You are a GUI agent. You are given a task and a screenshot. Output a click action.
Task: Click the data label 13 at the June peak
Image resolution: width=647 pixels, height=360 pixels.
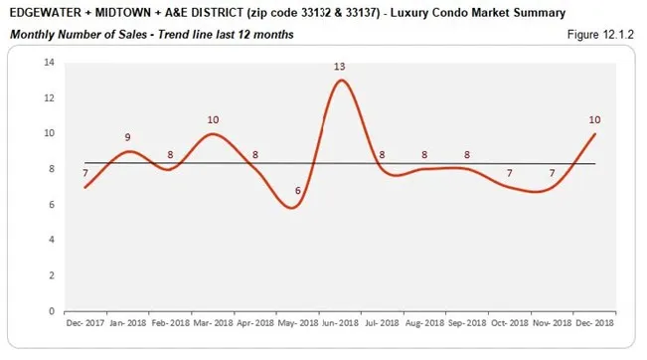340,67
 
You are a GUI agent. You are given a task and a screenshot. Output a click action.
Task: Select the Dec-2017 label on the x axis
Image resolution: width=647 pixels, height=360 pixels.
86,323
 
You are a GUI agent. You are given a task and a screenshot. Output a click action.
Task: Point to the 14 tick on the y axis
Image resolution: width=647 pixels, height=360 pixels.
48,63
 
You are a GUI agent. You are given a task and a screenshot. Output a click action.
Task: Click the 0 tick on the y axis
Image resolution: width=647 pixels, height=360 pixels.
51,311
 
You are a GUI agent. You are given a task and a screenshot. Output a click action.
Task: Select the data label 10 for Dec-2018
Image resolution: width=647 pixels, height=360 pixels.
594,120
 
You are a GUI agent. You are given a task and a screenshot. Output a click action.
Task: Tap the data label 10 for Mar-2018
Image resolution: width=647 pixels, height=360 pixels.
212,120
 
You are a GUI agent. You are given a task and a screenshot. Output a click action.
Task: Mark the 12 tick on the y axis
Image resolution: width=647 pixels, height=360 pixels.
48,98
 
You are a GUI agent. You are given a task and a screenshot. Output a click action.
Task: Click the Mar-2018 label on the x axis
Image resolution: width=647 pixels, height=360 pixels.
213,323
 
